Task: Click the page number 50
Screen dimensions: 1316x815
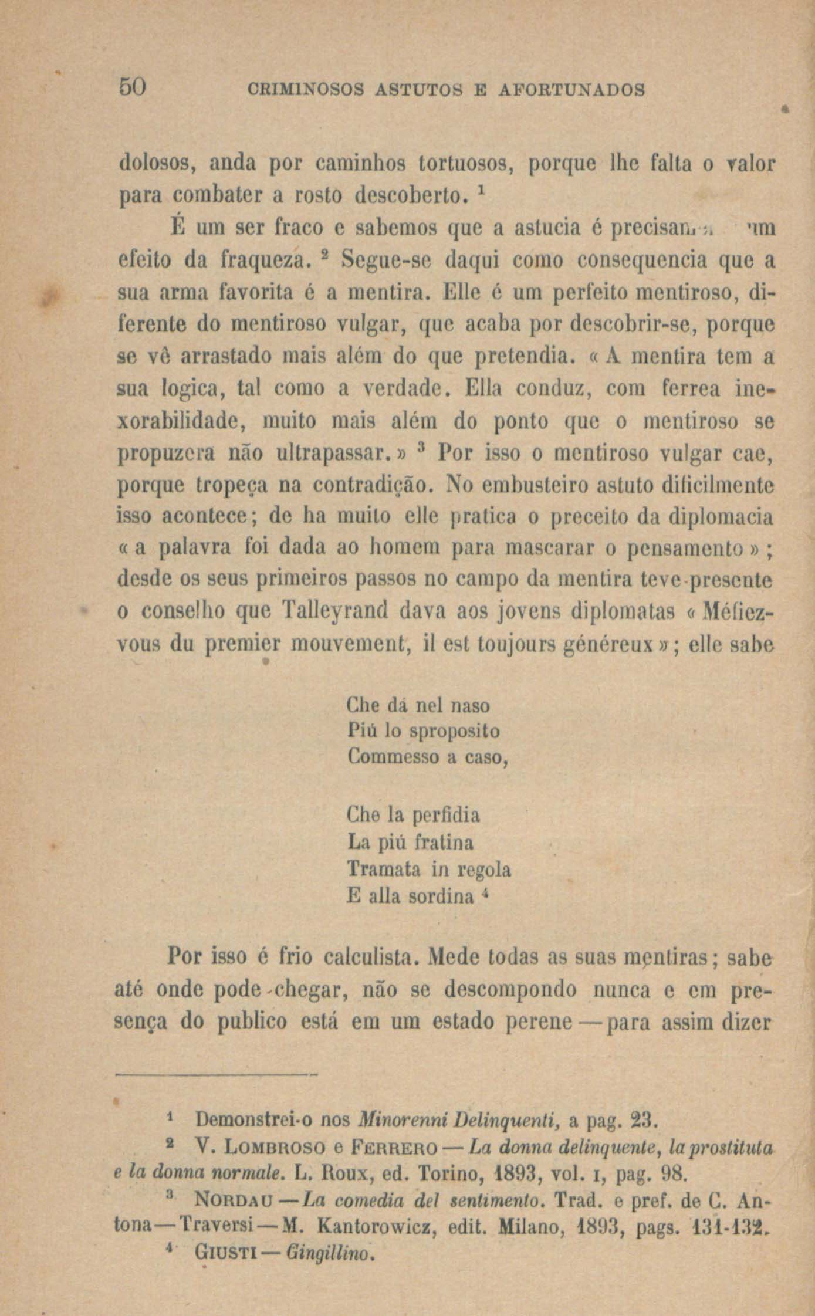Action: pyautogui.click(x=132, y=88)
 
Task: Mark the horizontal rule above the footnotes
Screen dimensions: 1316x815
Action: pyautogui.click(x=216, y=1075)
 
